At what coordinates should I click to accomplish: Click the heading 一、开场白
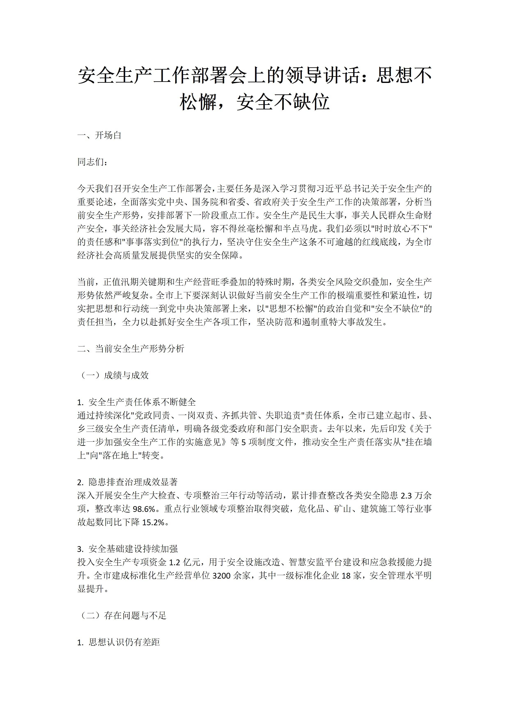pos(99,135)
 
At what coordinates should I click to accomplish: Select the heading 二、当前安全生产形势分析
pos(131,349)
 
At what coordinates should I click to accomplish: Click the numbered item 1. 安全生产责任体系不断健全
pos(136,402)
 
